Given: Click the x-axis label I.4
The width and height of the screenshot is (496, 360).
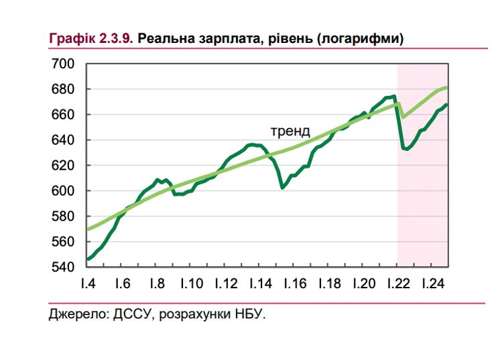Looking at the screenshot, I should click(x=87, y=284).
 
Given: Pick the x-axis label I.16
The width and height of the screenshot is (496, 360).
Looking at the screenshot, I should click(x=294, y=284).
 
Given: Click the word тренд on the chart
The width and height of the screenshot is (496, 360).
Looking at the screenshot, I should click(x=290, y=131).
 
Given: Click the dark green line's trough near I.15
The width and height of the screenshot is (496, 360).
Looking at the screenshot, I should click(x=282, y=188).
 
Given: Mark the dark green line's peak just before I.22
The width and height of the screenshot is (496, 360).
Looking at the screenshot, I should click(x=394, y=96).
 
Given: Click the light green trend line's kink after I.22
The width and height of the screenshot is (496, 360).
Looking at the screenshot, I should click(x=403, y=118).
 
